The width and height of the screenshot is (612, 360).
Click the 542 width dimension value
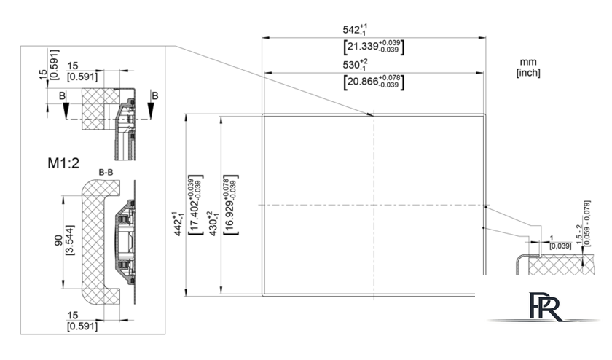[355, 29]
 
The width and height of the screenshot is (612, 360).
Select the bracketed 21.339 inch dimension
[374, 47]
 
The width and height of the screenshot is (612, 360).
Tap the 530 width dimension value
[355, 64]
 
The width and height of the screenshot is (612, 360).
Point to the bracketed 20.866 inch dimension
[374, 82]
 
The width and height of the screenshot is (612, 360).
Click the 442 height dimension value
[178, 224]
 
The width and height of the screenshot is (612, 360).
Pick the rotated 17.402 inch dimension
[195, 205]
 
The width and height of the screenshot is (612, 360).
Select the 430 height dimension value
[213, 224]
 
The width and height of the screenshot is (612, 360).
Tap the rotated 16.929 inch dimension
[230, 205]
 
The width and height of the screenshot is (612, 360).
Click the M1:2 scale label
[63, 163]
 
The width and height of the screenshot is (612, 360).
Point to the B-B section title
[106, 172]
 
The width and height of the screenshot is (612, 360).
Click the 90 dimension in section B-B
[58, 240]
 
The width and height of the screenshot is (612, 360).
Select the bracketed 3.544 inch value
[70, 240]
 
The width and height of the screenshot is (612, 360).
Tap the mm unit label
[528, 62]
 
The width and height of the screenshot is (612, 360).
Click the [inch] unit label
[528, 73]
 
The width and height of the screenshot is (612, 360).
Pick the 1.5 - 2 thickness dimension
[578, 234]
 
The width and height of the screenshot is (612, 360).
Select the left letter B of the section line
[62, 95]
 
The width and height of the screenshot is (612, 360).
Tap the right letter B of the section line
[155, 95]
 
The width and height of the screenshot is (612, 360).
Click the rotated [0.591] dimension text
[55, 64]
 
